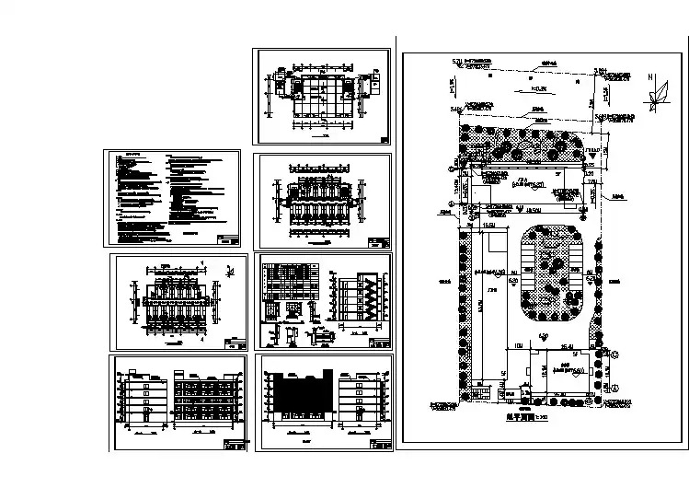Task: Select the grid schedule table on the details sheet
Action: (287, 282)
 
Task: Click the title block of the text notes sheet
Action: (230, 239)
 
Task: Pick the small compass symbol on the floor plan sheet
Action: (229, 271)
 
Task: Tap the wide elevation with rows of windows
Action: (207, 396)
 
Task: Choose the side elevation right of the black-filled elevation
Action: (362, 396)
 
